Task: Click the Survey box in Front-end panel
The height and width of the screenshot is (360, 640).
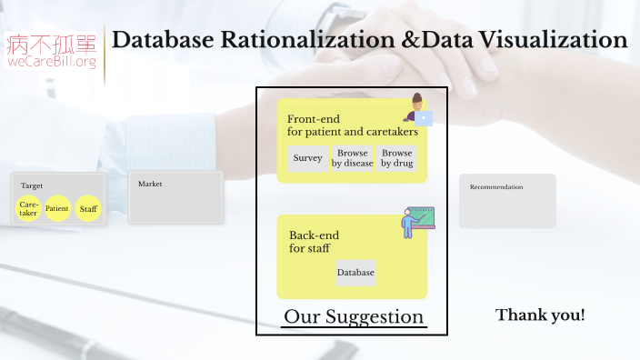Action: point(308,158)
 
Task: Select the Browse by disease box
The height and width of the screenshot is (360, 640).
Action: point(352,158)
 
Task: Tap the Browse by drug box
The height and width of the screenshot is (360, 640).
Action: point(396,158)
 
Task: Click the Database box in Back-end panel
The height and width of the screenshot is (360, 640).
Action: point(355,273)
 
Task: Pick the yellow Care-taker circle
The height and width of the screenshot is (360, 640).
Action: point(29,209)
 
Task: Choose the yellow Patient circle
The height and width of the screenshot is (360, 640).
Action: point(57,209)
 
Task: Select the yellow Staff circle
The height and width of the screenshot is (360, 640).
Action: point(88,209)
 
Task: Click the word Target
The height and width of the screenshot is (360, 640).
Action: point(32,185)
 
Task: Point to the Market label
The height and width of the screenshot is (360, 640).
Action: point(150,184)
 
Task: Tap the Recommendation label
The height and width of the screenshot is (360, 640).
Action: point(495,187)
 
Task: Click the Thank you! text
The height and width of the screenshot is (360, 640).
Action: point(540,315)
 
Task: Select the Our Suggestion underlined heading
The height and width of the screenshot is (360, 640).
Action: point(354,316)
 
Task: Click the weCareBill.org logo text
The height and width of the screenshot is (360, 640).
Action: point(52,63)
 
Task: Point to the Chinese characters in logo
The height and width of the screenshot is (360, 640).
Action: point(52,42)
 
